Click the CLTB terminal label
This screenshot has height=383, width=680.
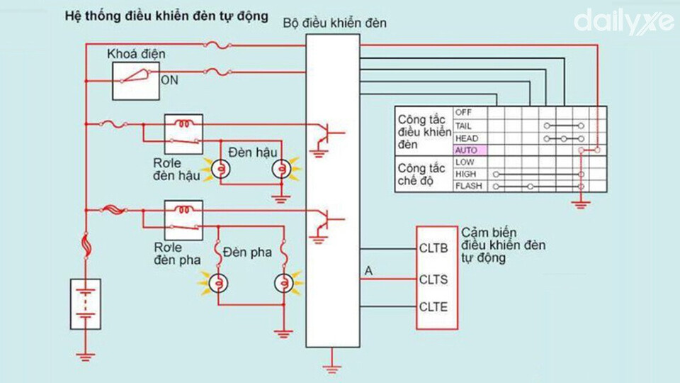433,249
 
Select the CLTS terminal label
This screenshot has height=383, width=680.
433,279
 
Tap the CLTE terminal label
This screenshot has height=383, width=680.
433,307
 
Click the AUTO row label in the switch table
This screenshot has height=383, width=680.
467,150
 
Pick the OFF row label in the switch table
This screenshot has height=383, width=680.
463,113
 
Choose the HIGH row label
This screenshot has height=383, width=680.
465,174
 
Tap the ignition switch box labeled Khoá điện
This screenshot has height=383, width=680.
136,79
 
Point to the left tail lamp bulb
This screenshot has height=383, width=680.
220,169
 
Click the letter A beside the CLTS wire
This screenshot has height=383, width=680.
368,270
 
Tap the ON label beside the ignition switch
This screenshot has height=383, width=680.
170,80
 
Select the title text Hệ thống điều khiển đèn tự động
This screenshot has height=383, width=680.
167,16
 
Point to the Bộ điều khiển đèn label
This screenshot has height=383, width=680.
334,23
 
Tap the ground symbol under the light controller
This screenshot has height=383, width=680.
330,367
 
